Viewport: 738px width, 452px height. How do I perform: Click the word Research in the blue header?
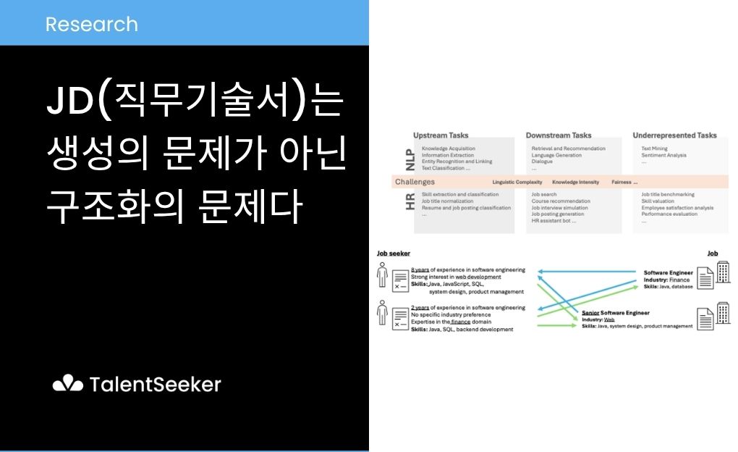(91, 24)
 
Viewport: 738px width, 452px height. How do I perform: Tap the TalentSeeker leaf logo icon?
(68, 383)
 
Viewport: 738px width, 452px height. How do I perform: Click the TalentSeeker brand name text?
(156, 384)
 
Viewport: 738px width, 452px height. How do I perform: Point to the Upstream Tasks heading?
(441, 135)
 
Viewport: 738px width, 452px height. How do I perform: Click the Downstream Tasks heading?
(558, 135)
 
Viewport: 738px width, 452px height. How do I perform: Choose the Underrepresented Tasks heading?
(674, 135)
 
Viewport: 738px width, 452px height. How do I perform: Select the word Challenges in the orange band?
(415, 182)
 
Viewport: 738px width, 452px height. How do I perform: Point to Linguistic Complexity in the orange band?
(518, 182)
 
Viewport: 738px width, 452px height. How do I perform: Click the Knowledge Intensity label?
(575, 182)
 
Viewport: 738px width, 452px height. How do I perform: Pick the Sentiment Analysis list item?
(663, 155)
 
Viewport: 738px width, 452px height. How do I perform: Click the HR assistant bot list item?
(553, 220)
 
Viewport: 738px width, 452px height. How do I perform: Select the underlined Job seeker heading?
(394, 254)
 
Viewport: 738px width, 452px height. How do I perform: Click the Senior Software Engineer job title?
(615, 312)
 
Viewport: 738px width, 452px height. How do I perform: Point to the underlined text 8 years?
(419, 269)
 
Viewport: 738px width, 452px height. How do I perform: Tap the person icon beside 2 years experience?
(381, 314)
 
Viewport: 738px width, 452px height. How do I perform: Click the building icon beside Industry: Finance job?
(723, 275)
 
